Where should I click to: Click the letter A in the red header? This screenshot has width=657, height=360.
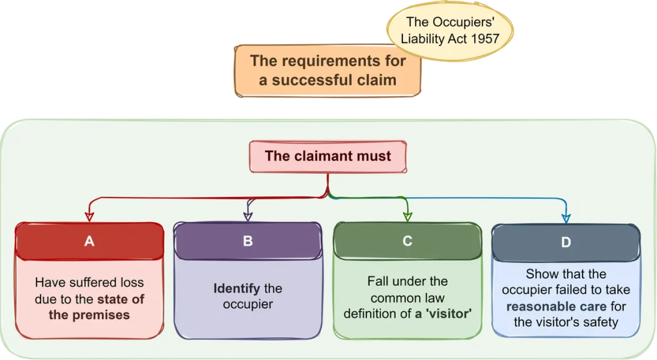pos(89,241)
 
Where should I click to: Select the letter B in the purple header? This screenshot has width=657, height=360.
pos(248,241)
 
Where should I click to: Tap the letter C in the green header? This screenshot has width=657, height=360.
pos(407,241)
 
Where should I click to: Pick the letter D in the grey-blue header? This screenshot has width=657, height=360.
pos(565,242)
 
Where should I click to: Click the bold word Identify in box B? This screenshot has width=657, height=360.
pos(237,288)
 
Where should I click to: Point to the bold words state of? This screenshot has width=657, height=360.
pos(121,298)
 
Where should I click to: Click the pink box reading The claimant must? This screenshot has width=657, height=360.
pos(328,157)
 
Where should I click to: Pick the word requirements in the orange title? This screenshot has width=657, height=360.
pos(327,61)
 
